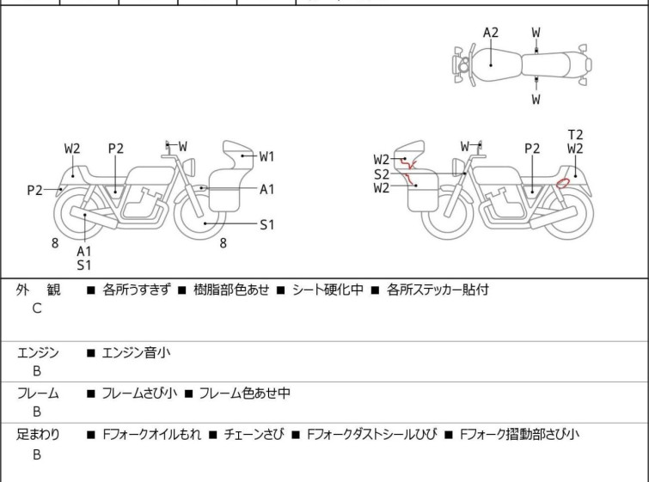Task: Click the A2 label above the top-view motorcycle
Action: [490, 33]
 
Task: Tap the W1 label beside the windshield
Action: [266, 156]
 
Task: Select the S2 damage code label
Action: [382, 174]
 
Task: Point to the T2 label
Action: [575, 135]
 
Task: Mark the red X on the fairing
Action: [412, 163]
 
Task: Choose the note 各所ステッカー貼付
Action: [438, 290]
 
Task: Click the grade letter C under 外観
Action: [37, 308]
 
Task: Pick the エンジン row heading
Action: [38, 352]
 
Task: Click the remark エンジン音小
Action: [134, 352]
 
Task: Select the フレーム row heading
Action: [38, 394]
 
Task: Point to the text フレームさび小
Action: [138, 394]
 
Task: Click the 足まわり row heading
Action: [38, 435]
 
